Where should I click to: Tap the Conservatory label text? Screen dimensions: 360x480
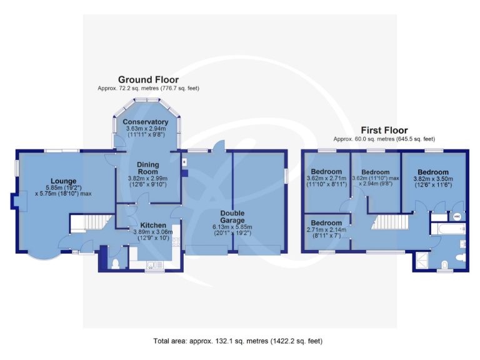click(x=145, y=121)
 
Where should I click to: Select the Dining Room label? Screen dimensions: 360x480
click(x=148, y=168)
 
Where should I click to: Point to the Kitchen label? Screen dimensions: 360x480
click(x=152, y=225)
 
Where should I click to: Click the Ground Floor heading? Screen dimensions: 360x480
click(x=148, y=79)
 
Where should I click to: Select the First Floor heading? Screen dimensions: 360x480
click(x=384, y=130)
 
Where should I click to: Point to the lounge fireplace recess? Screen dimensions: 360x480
click(x=14, y=201)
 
